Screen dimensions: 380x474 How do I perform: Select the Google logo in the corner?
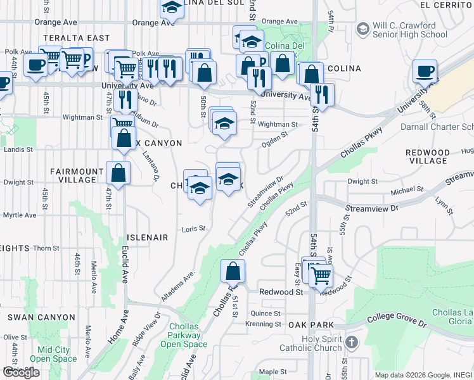pos(20,372)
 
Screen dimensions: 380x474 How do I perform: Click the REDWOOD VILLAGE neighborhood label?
pos(427,157)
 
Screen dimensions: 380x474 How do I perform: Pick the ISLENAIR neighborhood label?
pos(148,237)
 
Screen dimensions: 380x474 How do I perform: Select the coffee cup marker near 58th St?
pos(424,72)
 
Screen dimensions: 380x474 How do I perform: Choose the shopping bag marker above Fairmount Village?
pos(118,172)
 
